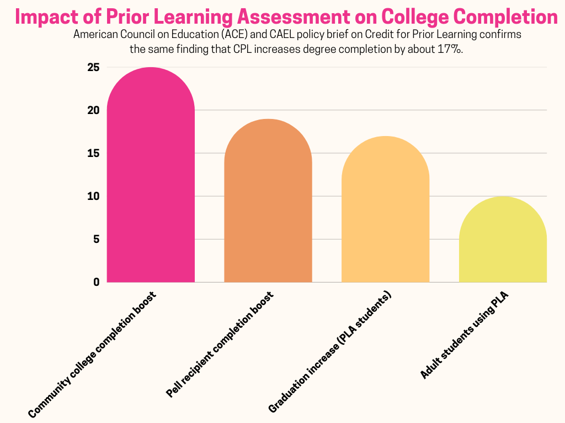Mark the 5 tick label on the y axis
(96, 239)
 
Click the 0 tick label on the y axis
(96, 282)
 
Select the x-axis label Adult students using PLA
(464, 336)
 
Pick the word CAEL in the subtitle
(282, 35)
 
